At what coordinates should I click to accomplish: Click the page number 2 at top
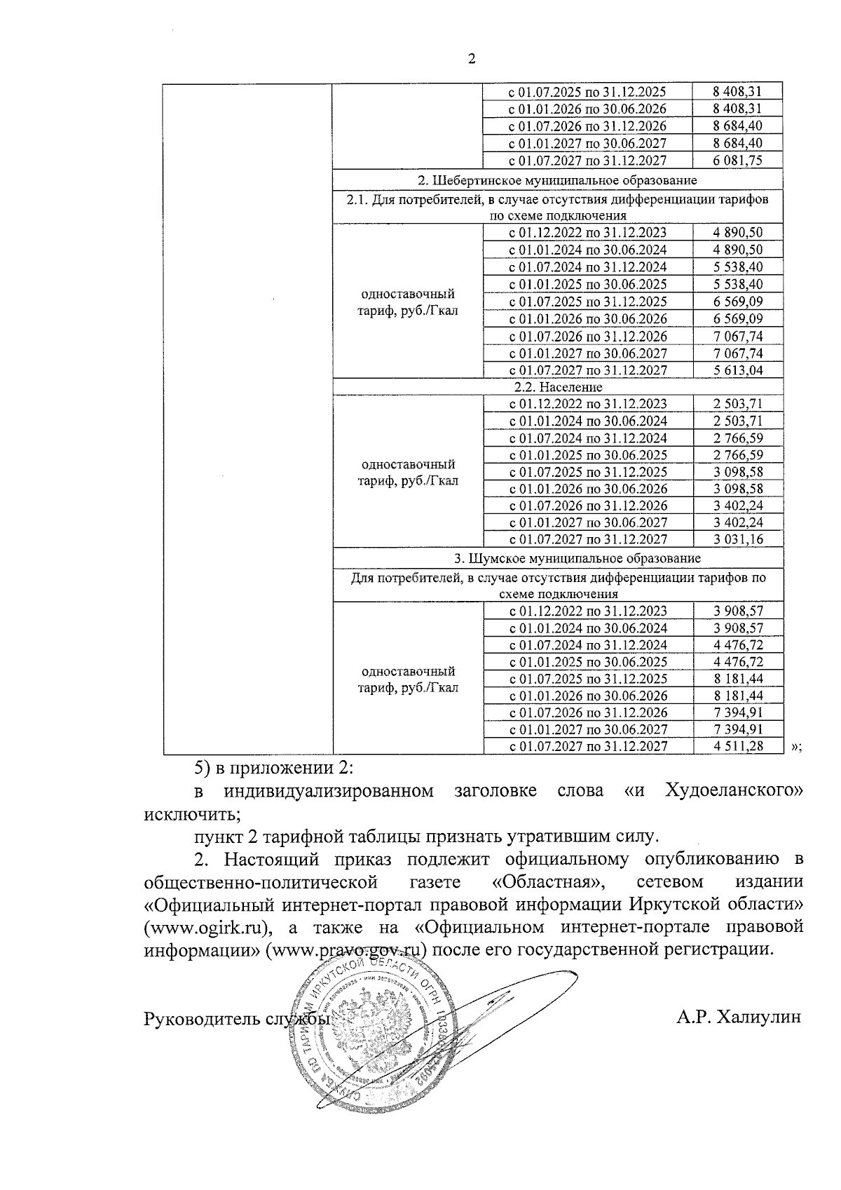pos(471,59)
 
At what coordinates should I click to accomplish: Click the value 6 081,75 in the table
pos(737,160)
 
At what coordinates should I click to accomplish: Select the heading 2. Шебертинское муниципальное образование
pos(557,180)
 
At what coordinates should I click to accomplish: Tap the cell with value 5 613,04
pos(737,370)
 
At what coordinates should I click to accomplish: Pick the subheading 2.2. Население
pos(557,387)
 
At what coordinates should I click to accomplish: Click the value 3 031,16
pos(737,539)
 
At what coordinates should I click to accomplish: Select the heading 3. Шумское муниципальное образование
pos(557,559)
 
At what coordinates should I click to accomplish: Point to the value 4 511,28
pos(737,746)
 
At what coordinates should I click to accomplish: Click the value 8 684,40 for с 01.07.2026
pos(737,126)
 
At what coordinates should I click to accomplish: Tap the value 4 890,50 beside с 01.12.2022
pos(737,232)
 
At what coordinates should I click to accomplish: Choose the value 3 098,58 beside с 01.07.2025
pos(737,472)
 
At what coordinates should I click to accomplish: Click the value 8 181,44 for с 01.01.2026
pos(737,696)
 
